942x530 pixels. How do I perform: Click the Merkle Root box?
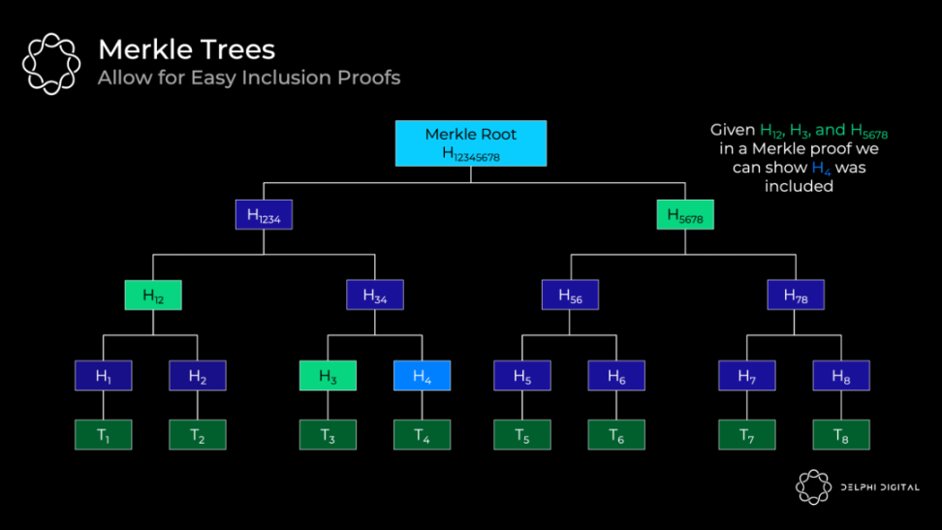pyautogui.click(x=470, y=143)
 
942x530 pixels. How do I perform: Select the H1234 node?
pyautogui.click(x=264, y=215)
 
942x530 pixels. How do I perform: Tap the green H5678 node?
pyautogui.click(x=684, y=215)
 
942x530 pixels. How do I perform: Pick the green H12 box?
pyautogui.click(x=153, y=295)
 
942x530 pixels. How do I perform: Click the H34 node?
pyautogui.click(x=375, y=295)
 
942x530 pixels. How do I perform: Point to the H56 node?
pyautogui.click(x=570, y=295)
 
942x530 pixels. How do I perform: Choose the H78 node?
pyautogui.click(x=796, y=295)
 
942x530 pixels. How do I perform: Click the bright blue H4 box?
pyautogui.click(x=422, y=375)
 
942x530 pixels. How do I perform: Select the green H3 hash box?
pyautogui.click(x=328, y=375)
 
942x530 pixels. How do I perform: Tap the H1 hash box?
pyautogui.click(x=103, y=375)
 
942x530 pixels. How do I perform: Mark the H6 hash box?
pyautogui.click(x=616, y=375)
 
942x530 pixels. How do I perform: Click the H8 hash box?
pyautogui.click(x=841, y=375)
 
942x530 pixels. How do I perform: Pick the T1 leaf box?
pyautogui.click(x=103, y=435)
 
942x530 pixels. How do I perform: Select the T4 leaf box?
pyautogui.click(x=422, y=435)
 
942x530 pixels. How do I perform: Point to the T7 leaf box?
pyautogui.click(x=746, y=435)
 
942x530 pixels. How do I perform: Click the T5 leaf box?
pyautogui.click(x=522, y=435)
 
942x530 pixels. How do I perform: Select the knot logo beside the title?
pyautogui.click(x=51, y=64)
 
